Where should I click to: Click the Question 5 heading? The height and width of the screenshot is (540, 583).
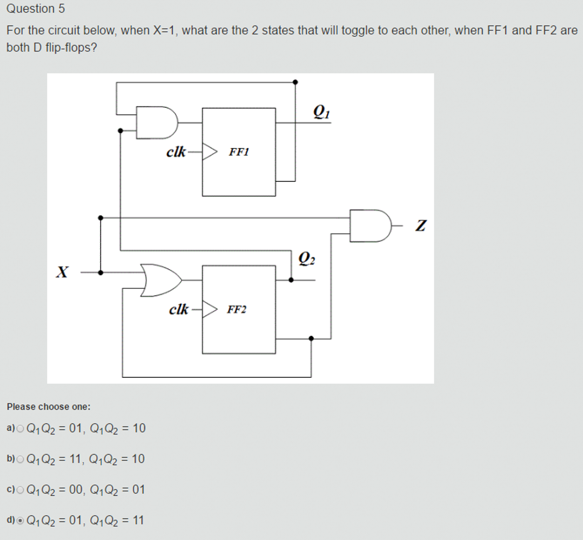(x=35, y=9)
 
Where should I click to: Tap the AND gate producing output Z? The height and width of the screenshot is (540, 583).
(x=370, y=226)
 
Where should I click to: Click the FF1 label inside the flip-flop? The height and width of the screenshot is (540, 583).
(x=239, y=152)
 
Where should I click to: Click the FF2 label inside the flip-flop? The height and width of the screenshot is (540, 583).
(x=237, y=309)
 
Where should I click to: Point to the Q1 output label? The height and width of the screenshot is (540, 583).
(x=321, y=112)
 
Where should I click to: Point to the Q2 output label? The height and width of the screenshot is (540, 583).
(x=306, y=258)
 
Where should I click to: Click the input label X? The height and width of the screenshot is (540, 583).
(x=62, y=272)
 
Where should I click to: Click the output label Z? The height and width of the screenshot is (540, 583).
(x=421, y=226)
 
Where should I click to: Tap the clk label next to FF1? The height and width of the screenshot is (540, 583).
(x=176, y=152)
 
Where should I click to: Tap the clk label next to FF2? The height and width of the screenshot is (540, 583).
(x=178, y=309)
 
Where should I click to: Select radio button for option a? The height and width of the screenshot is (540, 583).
(x=20, y=429)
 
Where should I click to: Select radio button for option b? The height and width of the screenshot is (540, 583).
(x=20, y=459)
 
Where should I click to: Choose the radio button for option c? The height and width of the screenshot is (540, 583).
(x=20, y=490)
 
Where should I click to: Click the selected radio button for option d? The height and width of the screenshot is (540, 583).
(x=20, y=521)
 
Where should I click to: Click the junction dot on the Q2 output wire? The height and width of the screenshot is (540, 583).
(x=291, y=280)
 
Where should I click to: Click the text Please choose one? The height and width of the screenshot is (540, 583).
(x=48, y=407)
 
